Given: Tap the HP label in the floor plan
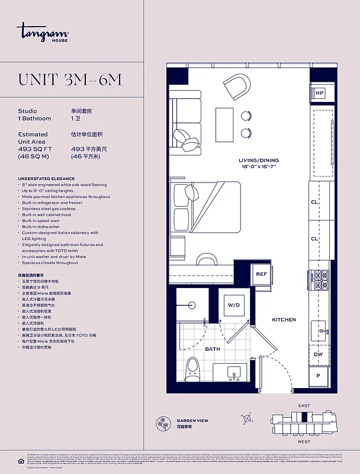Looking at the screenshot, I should (x=319, y=93).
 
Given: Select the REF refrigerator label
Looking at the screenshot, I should (x=261, y=274).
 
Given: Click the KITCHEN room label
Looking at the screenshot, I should (x=284, y=320).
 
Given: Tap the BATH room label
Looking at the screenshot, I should (x=213, y=349).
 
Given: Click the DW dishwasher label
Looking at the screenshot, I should (x=319, y=354).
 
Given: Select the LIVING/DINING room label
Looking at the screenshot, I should (x=259, y=161).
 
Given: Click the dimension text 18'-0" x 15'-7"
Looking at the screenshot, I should (x=259, y=167).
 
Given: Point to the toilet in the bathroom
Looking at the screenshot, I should (x=192, y=370).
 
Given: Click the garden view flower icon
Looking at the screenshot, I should (x=164, y=423).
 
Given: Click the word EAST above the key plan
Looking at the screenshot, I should (x=303, y=405).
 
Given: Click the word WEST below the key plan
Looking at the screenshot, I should (x=303, y=441).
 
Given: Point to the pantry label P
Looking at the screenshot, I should (x=319, y=376).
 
